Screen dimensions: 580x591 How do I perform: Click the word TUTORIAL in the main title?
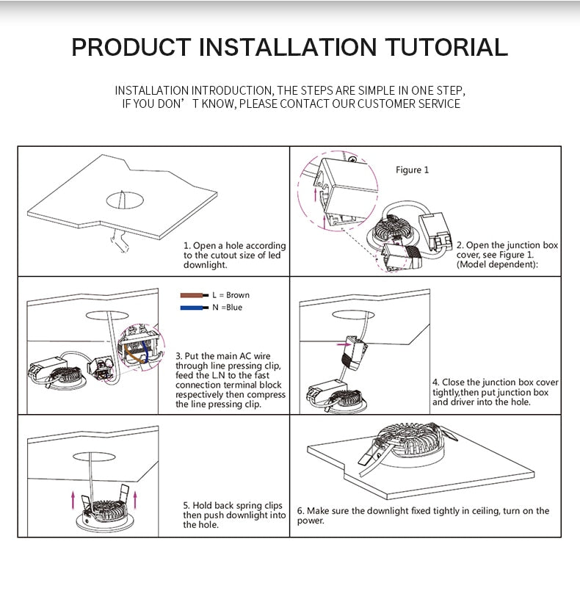(446, 47)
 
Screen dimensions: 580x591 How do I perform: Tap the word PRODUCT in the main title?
(131, 47)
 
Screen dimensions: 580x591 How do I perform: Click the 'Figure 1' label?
(412, 170)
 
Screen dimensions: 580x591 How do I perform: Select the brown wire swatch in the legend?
(194, 295)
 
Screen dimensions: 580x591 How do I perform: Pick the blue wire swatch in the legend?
(194, 308)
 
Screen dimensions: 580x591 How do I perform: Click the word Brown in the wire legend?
(238, 295)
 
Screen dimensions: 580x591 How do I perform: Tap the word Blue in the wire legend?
(234, 308)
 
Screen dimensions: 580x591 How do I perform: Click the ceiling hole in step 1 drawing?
(125, 200)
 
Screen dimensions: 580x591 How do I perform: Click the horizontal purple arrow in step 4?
(344, 344)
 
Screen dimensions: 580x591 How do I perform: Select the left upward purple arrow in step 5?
(73, 501)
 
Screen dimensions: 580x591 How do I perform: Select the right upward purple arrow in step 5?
(135, 500)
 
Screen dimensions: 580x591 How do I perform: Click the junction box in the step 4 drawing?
(355, 352)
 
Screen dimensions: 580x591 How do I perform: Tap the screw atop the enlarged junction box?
(352, 159)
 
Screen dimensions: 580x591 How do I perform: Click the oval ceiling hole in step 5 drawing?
(94, 457)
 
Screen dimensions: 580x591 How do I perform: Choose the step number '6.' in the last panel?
(301, 511)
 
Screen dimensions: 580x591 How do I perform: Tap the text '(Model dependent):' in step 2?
(497, 264)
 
